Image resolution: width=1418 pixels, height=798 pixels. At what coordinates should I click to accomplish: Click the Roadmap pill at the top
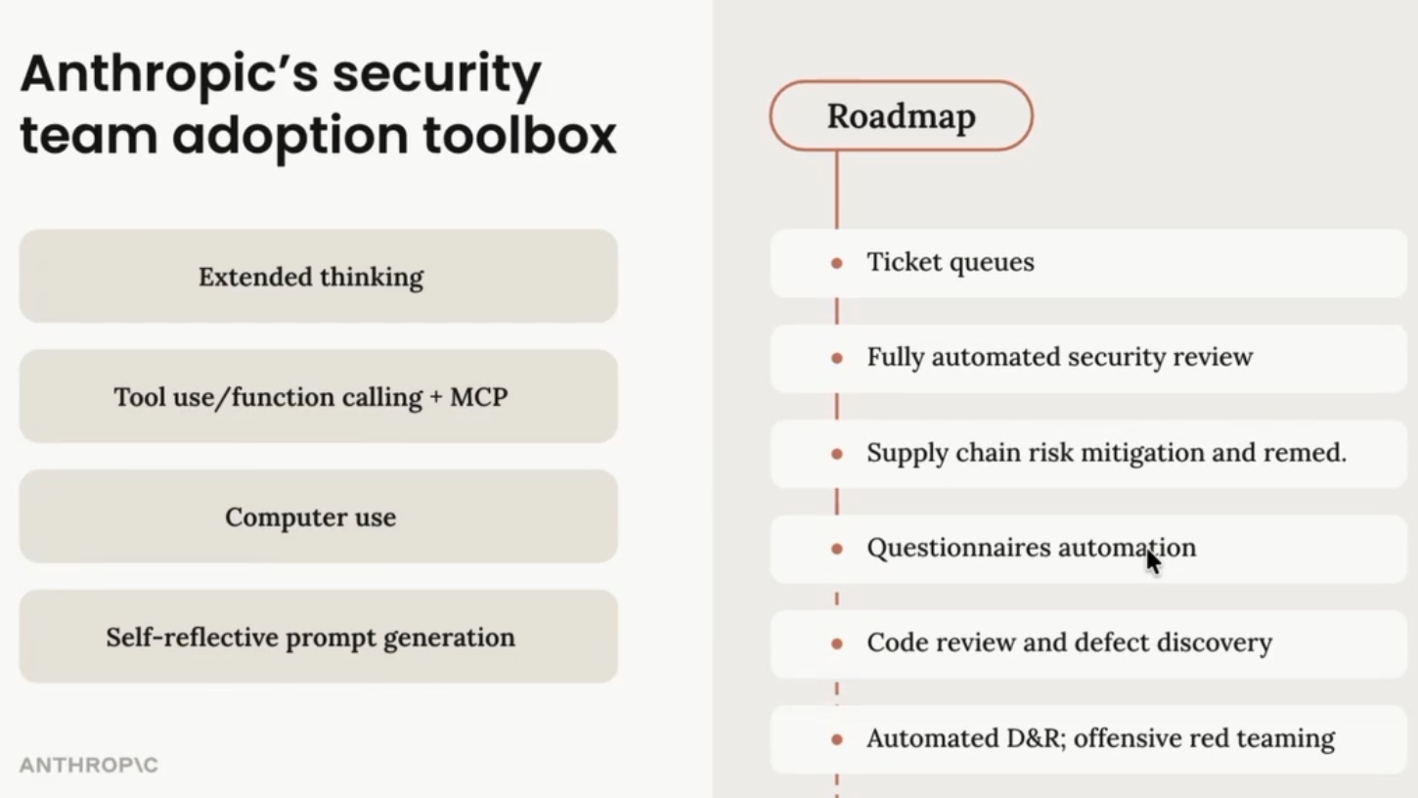click(901, 116)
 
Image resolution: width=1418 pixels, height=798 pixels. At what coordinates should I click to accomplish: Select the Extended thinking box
click(318, 277)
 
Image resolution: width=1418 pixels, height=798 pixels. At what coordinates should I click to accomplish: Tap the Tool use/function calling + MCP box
click(318, 397)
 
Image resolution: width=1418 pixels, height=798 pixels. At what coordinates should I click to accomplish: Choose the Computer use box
click(318, 517)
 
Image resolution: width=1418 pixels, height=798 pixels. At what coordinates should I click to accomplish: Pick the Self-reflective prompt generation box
click(318, 638)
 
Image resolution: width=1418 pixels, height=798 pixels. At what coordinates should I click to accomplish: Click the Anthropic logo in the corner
click(89, 765)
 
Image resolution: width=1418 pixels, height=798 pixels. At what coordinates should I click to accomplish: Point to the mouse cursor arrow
click(1153, 561)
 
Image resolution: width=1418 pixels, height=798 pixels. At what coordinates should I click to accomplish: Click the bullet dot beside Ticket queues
click(837, 263)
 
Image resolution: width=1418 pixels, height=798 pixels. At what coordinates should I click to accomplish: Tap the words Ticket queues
click(950, 262)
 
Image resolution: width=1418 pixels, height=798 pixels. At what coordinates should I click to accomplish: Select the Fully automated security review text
click(1059, 357)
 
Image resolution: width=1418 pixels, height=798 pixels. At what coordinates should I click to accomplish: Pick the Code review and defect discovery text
click(1069, 643)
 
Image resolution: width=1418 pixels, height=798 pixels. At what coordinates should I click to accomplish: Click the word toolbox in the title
click(519, 135)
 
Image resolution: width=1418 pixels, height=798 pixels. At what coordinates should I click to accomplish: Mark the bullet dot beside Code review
click(837, 643)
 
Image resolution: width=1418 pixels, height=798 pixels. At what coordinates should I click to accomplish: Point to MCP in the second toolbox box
click(478, 397)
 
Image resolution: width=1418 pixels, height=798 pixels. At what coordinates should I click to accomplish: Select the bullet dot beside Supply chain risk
click(837, 454)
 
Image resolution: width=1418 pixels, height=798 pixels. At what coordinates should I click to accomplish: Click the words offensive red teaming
click(1204, 738)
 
